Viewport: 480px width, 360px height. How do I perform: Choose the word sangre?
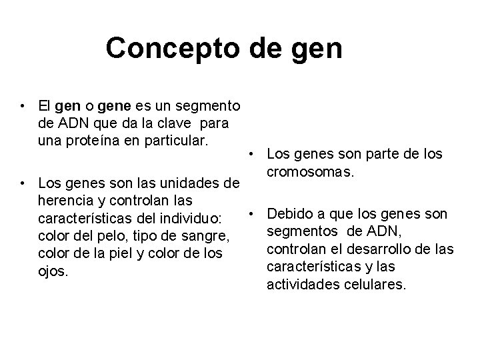pos(207,237)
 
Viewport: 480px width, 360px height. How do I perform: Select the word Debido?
pos(289,214)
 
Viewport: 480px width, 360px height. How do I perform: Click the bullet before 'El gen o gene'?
pos(23,105)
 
